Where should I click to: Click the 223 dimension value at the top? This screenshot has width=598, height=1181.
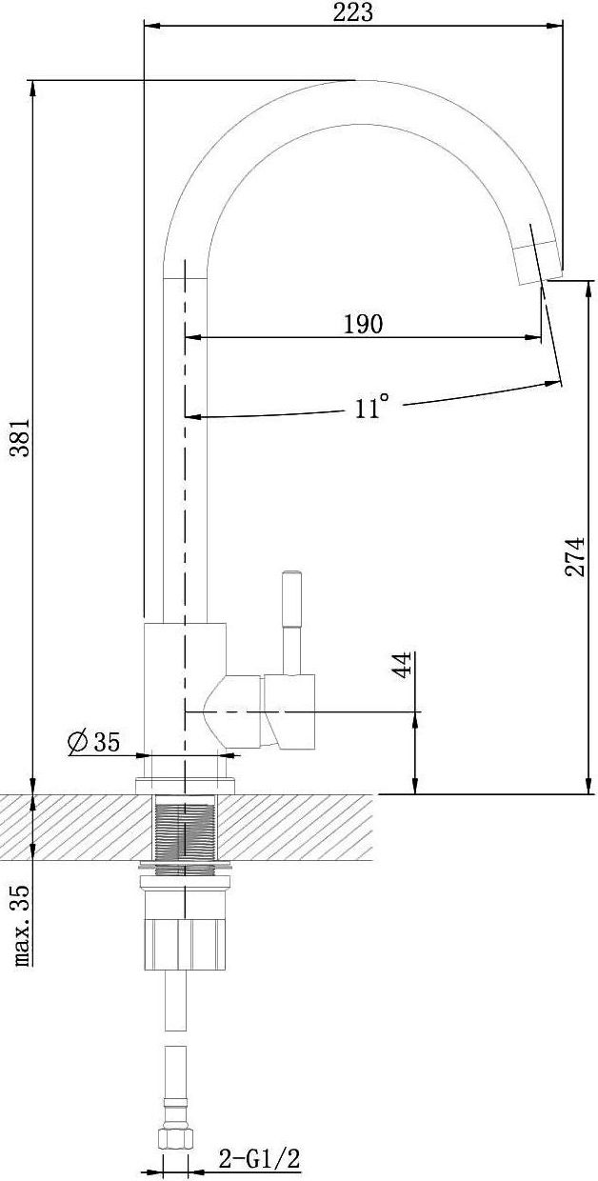[x=352, y=12]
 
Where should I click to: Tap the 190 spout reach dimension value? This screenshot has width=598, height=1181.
[x=363, y=324]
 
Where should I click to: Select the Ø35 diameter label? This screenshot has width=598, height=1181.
[x=94, y=742]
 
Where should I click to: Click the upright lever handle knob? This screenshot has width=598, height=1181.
[x=291, y=598]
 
